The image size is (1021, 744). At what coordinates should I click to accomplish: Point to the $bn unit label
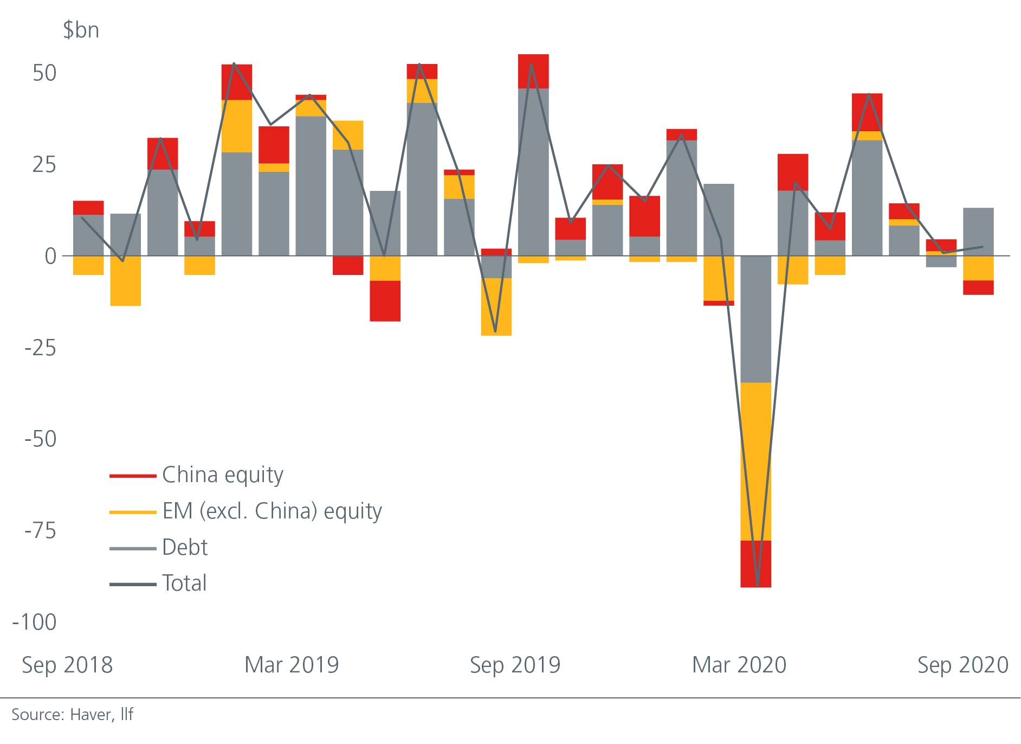point(81,30)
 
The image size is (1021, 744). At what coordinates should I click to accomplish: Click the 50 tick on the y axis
point(44,73)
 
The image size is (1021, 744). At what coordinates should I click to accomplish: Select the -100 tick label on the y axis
point(35,622)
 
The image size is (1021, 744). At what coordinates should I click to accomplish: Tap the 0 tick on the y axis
point(50,256)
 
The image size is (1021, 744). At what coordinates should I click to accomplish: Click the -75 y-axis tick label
point(40,530)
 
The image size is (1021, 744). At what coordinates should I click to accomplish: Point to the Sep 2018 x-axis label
point(67,665)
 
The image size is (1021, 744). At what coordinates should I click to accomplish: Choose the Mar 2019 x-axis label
point(292,665)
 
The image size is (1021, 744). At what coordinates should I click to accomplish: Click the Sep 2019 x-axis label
point(515,665)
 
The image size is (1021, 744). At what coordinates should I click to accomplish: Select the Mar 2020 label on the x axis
point(739,665)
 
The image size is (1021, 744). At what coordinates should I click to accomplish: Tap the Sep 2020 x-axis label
point(962,665)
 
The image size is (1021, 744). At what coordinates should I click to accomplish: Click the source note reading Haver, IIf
point(72,715)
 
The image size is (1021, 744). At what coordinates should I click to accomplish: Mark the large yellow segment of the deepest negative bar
point(755,461)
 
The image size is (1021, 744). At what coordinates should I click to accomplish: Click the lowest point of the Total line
point(757,586)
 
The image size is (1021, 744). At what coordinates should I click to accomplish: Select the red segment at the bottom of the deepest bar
point(755,564)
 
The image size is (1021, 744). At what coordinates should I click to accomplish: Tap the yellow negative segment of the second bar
point(125,280)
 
